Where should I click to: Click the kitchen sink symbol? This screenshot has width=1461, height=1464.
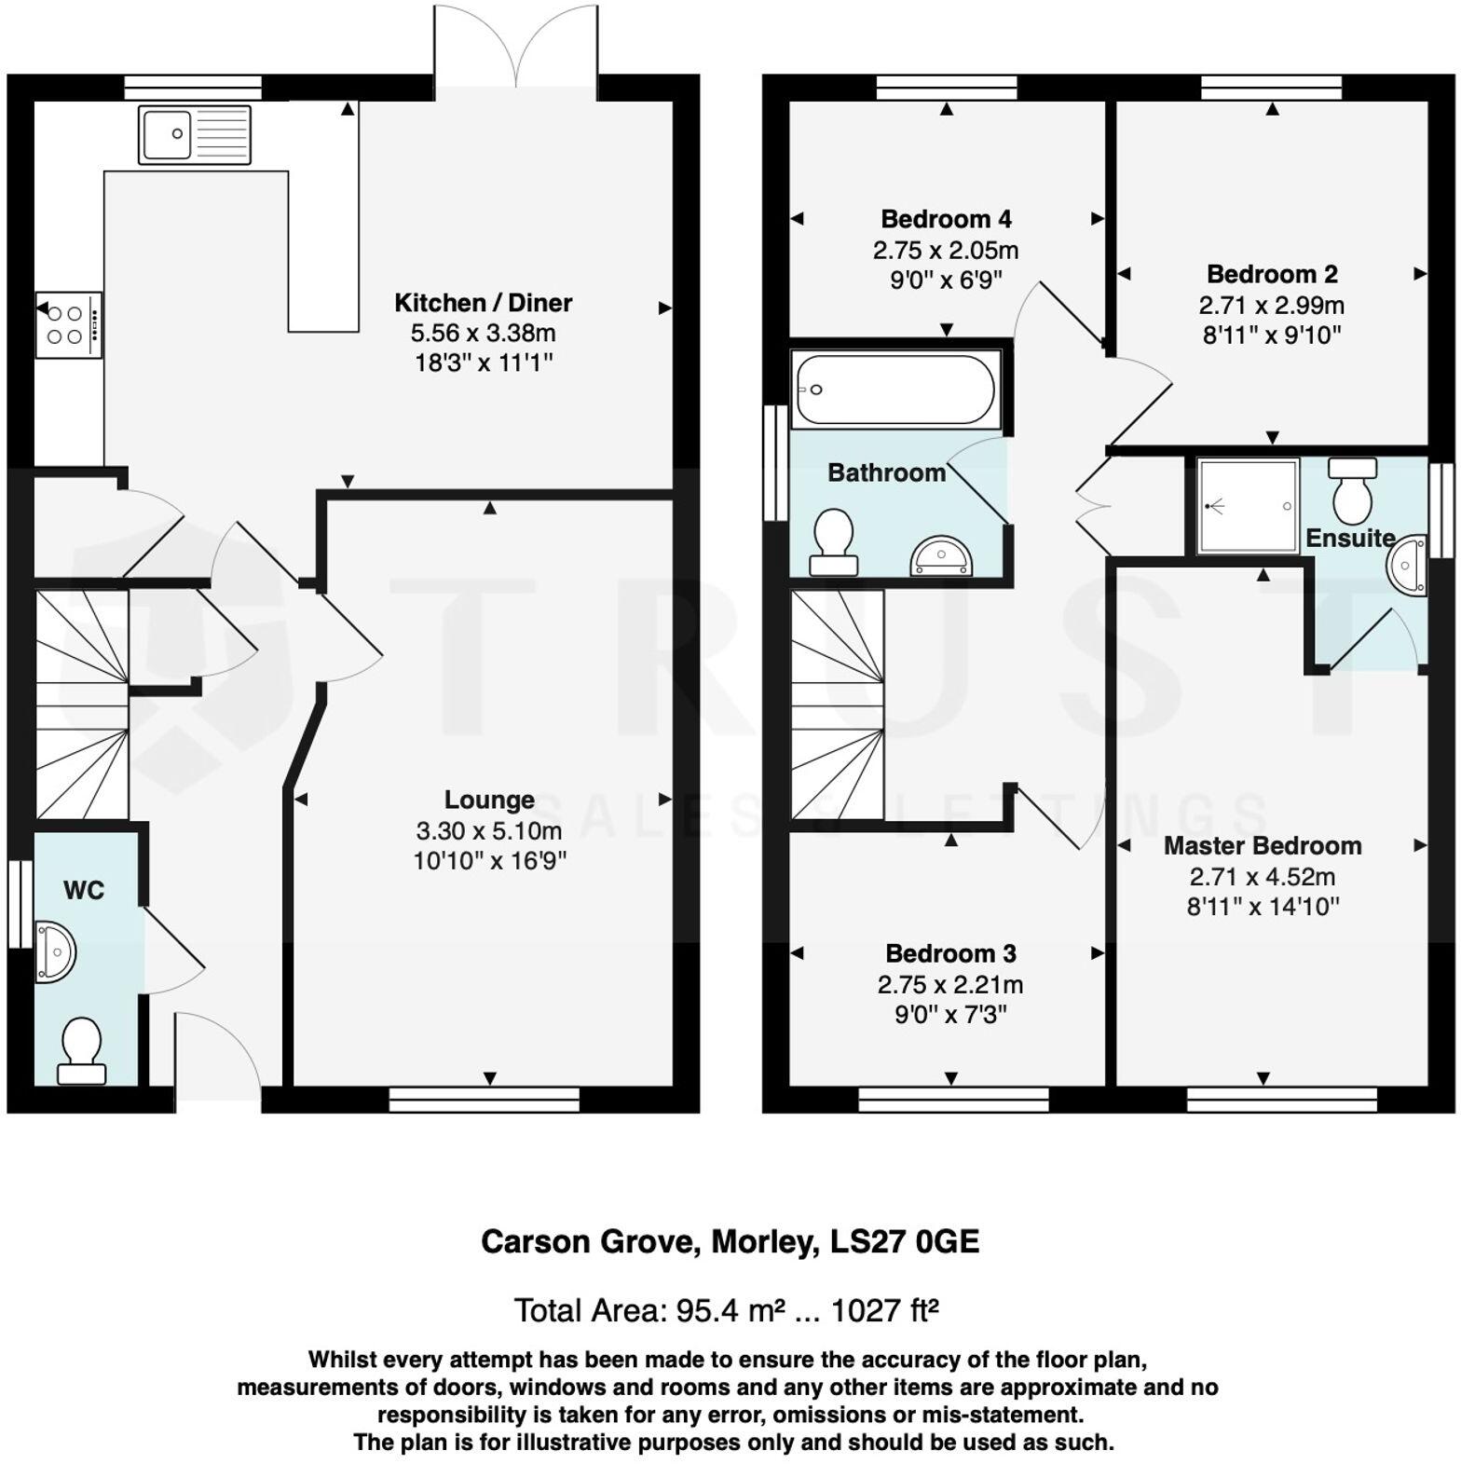195,135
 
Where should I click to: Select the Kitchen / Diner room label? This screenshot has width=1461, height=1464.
483,302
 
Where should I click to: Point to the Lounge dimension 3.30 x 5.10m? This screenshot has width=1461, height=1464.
489,829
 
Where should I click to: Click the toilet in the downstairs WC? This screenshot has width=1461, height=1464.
81,1051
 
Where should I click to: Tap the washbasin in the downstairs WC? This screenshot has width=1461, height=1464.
54,952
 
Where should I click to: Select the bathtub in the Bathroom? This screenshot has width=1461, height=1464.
895,389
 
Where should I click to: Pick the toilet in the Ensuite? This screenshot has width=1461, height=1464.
1353,490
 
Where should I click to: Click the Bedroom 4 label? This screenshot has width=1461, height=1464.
946,219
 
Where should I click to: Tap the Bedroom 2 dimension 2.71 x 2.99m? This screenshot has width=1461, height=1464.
1271,305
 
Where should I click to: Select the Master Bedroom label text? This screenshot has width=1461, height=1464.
1263,845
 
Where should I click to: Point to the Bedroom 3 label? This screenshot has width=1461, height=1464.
950,953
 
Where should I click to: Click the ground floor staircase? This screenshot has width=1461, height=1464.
82,704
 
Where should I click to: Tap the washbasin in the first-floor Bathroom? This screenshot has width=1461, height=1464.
941,556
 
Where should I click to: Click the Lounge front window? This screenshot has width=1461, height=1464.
485,1100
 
